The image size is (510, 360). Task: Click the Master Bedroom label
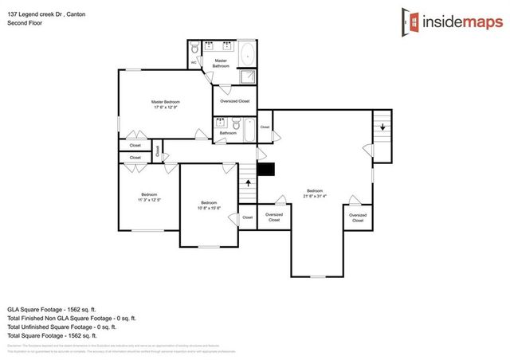point(166,102)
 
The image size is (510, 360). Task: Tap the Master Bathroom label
point(221,63)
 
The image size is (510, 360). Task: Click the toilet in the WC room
point(195,49)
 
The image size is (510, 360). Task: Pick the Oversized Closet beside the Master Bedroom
point(234,101)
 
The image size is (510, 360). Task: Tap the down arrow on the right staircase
point(382,127)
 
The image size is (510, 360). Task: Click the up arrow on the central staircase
point(248,182)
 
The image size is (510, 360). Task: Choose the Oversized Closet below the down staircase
point(358,217)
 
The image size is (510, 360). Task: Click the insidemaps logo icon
point(410,22)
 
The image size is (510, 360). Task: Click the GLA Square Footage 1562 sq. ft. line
point(52,308)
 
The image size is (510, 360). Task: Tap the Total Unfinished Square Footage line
point(61,327)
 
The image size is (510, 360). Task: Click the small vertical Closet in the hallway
point(158,149)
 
